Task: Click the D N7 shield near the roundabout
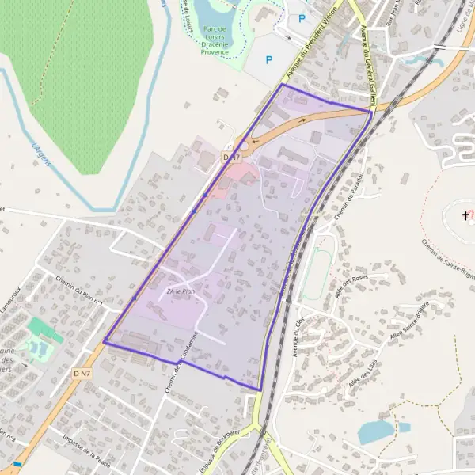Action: [231, 158]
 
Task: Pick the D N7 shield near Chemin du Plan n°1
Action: [82, 372]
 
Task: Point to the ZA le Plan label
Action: [180, 291]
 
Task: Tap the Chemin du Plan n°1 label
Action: [80, 290]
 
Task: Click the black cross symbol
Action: [465, 215]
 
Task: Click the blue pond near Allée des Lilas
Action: [375, 432]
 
